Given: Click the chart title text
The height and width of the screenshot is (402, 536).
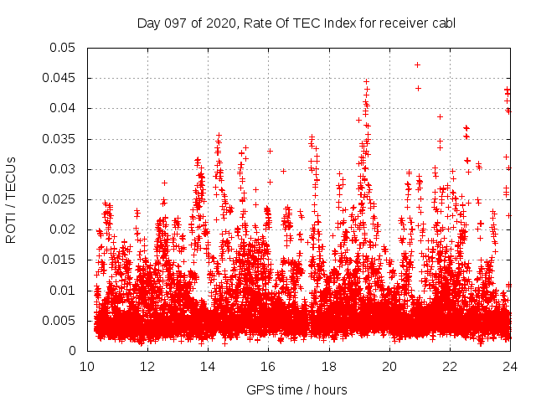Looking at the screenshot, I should (x=296, y=23).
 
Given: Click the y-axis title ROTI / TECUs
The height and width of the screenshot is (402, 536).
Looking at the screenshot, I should (x=12, y=199).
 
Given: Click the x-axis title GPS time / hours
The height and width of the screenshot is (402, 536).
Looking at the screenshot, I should (x=296, y=390).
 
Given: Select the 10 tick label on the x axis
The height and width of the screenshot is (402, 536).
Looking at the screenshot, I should (x=87, y=367).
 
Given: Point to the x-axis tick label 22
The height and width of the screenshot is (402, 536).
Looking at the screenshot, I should (x=450, y=367).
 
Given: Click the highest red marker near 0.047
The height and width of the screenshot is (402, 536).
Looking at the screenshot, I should (x=417, y=64).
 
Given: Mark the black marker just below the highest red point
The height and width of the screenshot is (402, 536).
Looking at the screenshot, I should (x=418, y=88).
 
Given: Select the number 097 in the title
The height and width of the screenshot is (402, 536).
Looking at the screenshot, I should (x=178, y=23).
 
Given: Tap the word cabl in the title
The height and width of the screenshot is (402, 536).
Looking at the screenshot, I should (x=443, y=23).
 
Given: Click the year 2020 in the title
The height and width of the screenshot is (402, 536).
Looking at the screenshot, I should (x=224, y=23).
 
